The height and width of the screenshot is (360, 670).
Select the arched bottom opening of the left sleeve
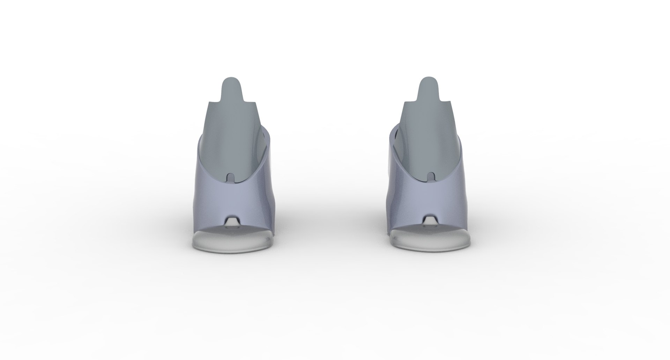pos(231,221)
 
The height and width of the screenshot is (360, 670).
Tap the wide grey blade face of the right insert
pos(427,140)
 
